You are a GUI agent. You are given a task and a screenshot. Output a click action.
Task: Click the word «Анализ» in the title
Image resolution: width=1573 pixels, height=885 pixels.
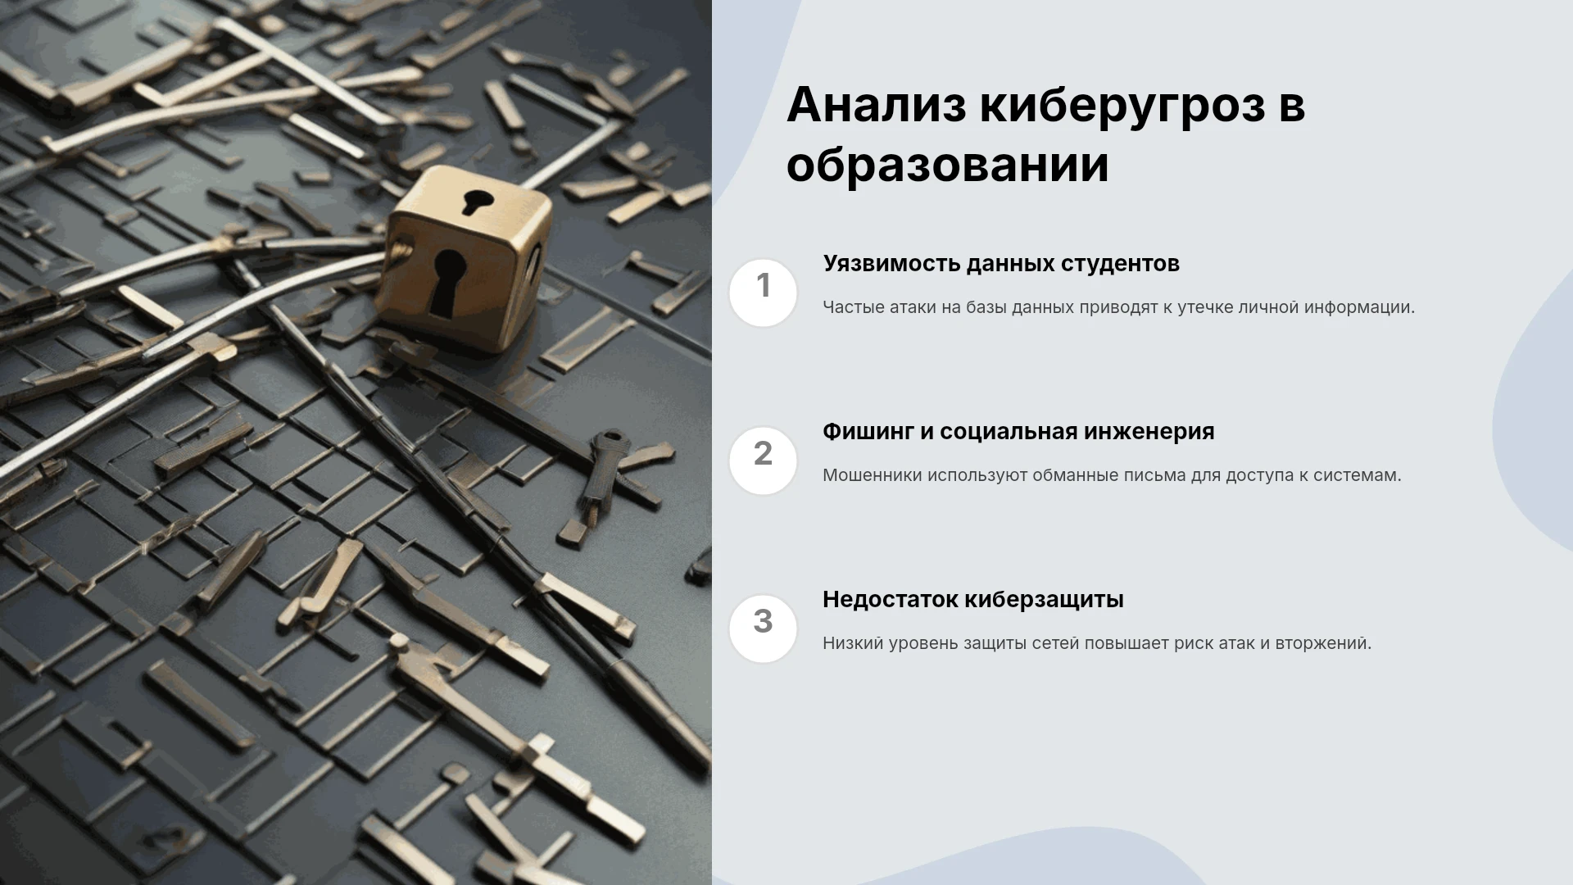[876, 105]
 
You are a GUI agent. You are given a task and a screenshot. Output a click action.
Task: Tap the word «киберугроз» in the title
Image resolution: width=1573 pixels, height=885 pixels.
[1123, 107]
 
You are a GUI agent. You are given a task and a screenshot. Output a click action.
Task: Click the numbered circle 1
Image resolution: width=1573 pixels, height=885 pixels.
[763, 293]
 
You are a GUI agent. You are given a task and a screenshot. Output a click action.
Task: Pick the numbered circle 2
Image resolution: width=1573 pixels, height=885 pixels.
[763, 461]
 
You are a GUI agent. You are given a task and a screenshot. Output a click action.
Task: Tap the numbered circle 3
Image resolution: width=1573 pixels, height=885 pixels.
[763, 629]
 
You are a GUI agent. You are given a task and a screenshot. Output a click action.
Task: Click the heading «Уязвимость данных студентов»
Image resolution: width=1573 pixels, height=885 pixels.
[1001, 264]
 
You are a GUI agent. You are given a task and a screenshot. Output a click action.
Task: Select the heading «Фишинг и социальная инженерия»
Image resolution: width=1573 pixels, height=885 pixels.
[1018, 432]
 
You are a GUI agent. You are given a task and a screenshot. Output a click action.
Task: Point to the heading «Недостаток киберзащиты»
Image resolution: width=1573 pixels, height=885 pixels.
[973, 600]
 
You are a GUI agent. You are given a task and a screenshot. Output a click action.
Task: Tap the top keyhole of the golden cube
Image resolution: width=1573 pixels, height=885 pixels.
[477, 202]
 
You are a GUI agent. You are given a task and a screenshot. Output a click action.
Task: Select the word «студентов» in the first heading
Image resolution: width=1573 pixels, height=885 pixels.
[1121, 264]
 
